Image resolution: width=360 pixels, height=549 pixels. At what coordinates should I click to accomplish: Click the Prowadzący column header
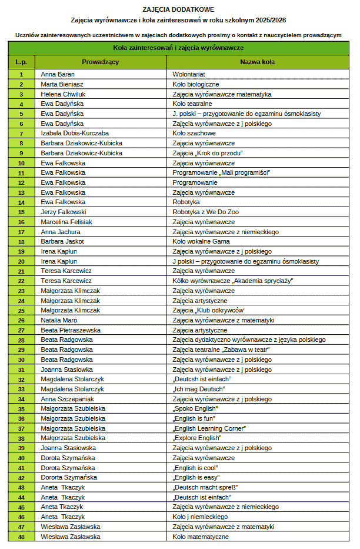(101, 61)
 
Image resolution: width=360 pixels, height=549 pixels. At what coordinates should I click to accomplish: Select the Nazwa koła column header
(257, 61)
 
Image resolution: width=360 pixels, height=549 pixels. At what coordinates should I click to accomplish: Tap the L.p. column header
(21, 61)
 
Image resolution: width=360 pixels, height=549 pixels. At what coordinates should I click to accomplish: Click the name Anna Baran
(58, 74)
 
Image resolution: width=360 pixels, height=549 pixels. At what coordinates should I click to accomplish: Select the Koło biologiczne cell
(196, 84)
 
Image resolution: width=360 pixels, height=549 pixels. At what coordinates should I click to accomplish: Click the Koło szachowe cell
(194, 133)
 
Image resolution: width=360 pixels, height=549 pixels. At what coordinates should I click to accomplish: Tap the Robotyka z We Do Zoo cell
(205, 212)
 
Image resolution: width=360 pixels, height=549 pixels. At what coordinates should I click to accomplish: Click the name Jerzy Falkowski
(64, 212)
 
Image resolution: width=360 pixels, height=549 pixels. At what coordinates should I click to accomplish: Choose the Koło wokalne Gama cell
(201, 241)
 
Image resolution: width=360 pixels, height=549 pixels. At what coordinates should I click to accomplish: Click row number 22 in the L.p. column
(21, 281)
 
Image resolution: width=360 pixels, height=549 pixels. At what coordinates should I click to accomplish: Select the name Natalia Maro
(59, 320)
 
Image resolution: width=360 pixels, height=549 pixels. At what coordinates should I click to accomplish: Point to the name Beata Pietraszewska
(71, 330)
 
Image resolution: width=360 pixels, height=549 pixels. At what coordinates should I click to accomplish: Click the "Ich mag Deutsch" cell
(199, 389)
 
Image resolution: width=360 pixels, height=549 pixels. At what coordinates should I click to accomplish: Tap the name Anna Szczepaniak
(67, 399)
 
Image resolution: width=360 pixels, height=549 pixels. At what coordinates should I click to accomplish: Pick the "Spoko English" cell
(195, 408)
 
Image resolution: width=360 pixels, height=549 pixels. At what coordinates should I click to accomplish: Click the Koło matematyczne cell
(201, 537)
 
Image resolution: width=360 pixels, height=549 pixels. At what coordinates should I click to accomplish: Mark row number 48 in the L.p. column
(21, 537)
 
